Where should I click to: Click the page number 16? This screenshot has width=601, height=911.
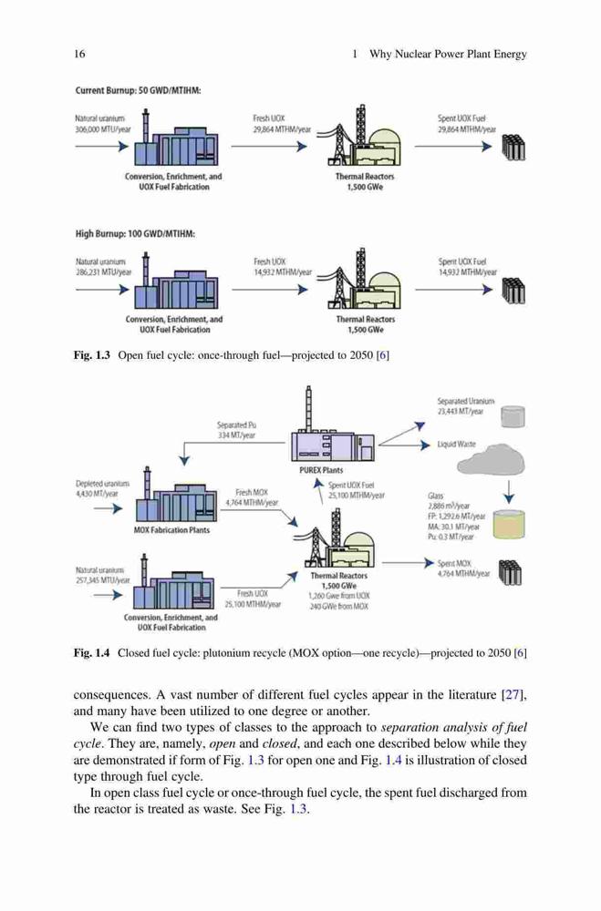[x=79, y=54]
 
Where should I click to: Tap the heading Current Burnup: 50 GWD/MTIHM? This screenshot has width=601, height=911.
[x=138, y=90]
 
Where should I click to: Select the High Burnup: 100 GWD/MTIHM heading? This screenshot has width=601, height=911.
[x=135, y=234]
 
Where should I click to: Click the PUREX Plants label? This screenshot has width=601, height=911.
[x=321, y=470]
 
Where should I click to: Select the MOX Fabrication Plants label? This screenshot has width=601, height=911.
[x=171, y=530]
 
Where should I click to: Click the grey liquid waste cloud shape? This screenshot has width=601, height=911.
[x=492, y=459]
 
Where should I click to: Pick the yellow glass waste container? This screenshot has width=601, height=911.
[x=509, y=524]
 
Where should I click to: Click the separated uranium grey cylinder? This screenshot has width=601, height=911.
[x=513, y=416]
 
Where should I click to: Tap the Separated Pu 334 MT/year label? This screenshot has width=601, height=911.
[x=236, y=430]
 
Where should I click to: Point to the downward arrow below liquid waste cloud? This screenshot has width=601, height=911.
[x=510, y=492]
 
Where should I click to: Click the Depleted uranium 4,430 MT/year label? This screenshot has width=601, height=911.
[x=102, y=488]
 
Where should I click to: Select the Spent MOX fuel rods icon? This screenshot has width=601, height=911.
[x=510, y=572]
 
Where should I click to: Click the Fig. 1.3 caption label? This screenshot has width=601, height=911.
[x=91, y=355]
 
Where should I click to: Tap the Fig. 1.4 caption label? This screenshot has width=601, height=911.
[x=91, y=653]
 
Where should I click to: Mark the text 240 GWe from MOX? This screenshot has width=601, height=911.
[x=338, y=606]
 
